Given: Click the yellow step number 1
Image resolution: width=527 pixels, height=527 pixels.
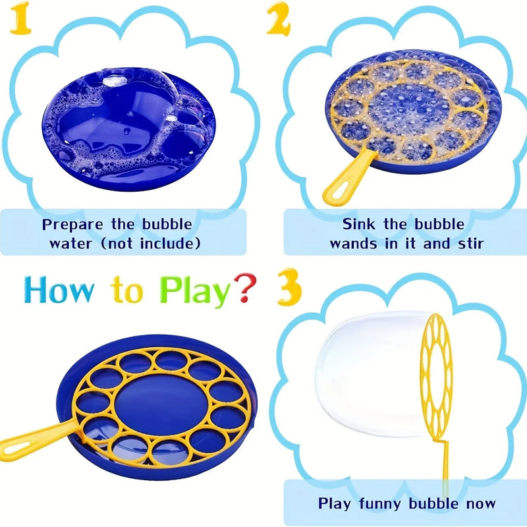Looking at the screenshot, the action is [x=21, y=19].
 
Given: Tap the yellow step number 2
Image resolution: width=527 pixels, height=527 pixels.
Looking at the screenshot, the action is [x=279, y=19].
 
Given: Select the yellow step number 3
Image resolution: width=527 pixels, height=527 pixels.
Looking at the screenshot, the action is [x=289, y=287].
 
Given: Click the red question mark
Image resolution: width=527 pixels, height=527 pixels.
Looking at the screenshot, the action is [x=245, y=288].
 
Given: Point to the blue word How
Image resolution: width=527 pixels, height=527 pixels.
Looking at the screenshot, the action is [x=59, y=289].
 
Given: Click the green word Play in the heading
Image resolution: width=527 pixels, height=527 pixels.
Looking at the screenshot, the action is [x=195, y=291].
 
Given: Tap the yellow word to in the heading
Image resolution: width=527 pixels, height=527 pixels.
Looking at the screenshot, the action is [x=127, y=290].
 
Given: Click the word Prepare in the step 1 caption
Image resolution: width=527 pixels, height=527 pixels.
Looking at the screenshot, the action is [x=72, y=225].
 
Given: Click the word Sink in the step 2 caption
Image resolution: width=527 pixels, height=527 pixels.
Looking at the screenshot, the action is [x=358, y=224].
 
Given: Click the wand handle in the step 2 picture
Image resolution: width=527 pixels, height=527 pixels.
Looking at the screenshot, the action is [x=348, y=178].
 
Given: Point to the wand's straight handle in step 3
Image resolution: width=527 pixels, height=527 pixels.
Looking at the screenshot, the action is [x=445, y=467].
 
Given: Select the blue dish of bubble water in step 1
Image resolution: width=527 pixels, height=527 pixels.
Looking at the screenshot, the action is [x=128, y=128].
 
